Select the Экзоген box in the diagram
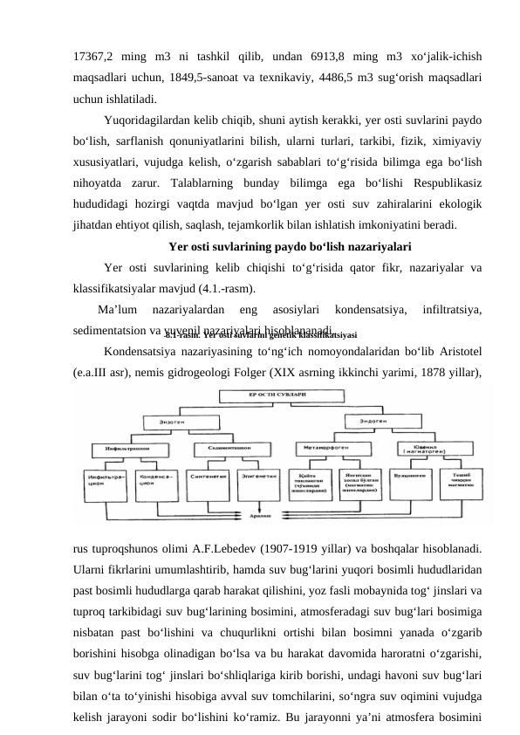pyautogui.click(x=172, y=421)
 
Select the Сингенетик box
pyautogui.click(x=212, y=476)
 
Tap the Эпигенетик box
pyautogui.click(x=260, y=476)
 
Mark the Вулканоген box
pyautogui.click(x=410, y=476)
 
